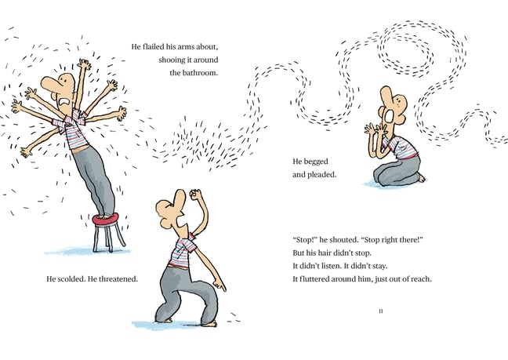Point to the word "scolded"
pos(74,278)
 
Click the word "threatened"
pos(118,278)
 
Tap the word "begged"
pos(318,161)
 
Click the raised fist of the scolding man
pos(196,195)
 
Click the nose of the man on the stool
pos(48,81)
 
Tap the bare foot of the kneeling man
pos(422,178)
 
